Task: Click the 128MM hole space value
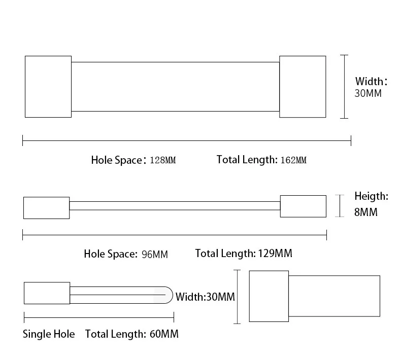pyautogui.click(x=162, y=160)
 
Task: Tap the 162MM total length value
pyautogui.click(x=293, y=160)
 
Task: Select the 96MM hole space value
pyautogui.click(x=155, y=254)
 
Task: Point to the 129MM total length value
pyautogui.click(x=275, y=254)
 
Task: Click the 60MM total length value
pyautogui.click(x=164, y=334)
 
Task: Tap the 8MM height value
pyautogui.click(x=365, y=212)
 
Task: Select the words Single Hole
pyautogui.click(x=49, y=334)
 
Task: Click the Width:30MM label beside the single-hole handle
pyautogui.click(x=205, y=297)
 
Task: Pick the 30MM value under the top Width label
pyautogui.click(x=368, y=93)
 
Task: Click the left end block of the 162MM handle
pyautogui.click(x=48, y=87)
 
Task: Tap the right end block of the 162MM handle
pyautogui.click(x=303, y=87)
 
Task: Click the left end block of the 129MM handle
pyautogui.click(x=46, y=208)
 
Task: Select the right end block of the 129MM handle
pyautogui.click(x=303, y=206)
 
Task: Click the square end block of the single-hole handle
pyautogui.click(x=47, y=293)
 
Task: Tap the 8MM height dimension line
pyautogui.click(x=340, y=206)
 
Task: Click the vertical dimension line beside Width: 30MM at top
pyautogui.click(x=344, y=87)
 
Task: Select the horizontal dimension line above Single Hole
pyautogui.click(x=99, y=317)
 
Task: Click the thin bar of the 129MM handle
pyautogui.click(x=175, y=206)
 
